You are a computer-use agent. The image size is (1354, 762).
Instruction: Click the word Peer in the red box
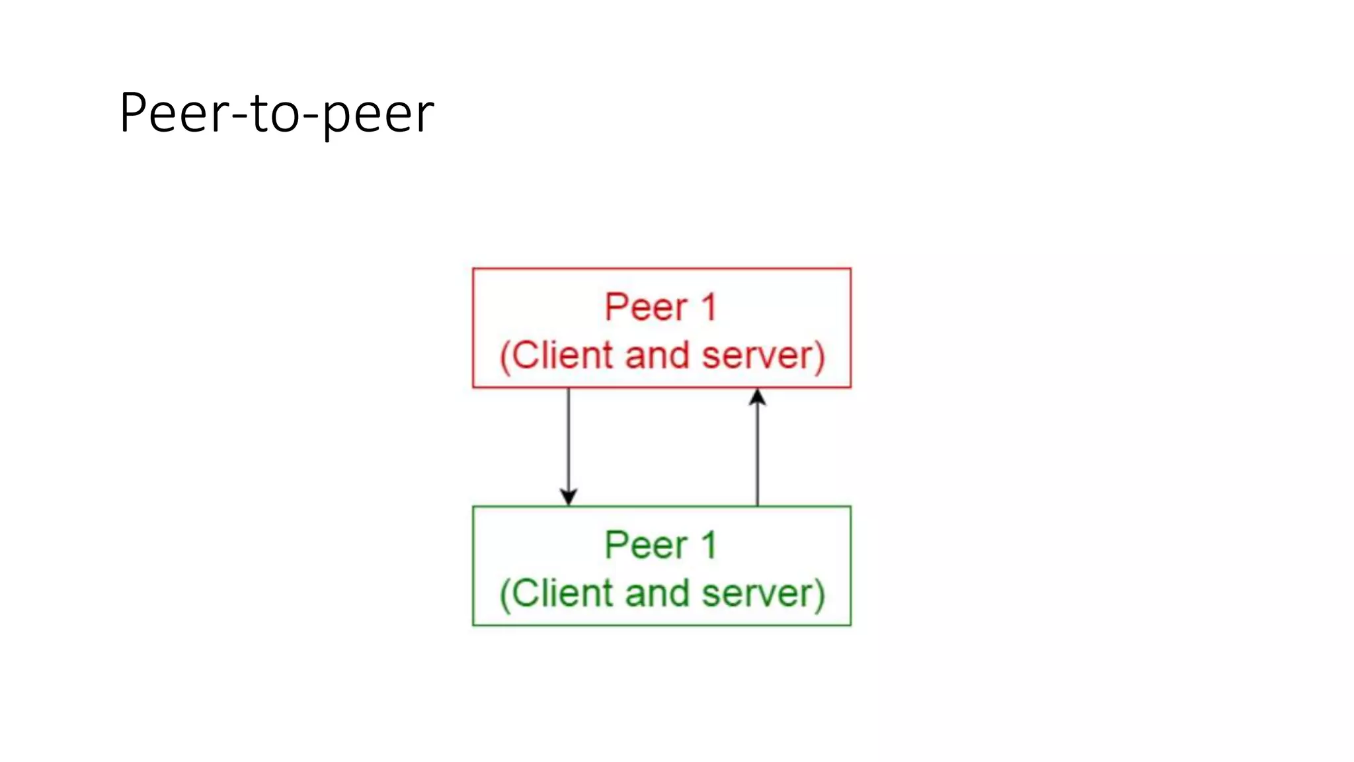646,308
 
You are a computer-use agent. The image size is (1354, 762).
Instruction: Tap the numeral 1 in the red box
709,308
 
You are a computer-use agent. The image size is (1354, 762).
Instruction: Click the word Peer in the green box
646,546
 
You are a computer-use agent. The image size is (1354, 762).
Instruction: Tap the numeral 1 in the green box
709,546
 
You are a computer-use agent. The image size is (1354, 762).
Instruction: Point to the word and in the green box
657,593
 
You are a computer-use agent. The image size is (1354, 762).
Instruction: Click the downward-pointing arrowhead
569,497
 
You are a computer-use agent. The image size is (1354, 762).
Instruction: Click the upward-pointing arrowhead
758,397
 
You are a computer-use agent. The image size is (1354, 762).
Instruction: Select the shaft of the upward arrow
758,456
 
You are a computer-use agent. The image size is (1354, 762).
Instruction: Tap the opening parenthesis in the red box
504,358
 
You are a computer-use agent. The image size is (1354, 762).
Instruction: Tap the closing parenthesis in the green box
820,595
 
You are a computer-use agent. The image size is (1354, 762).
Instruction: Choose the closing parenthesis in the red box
820,357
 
